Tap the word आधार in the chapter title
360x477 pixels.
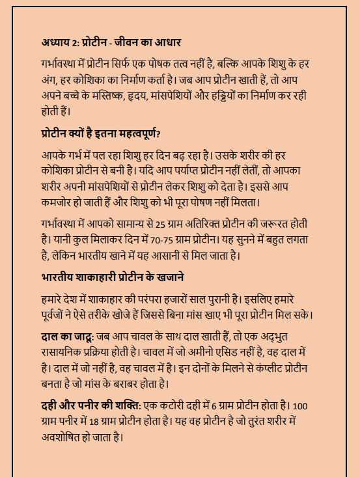pos(165,44)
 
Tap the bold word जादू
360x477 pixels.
pos(80,338)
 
